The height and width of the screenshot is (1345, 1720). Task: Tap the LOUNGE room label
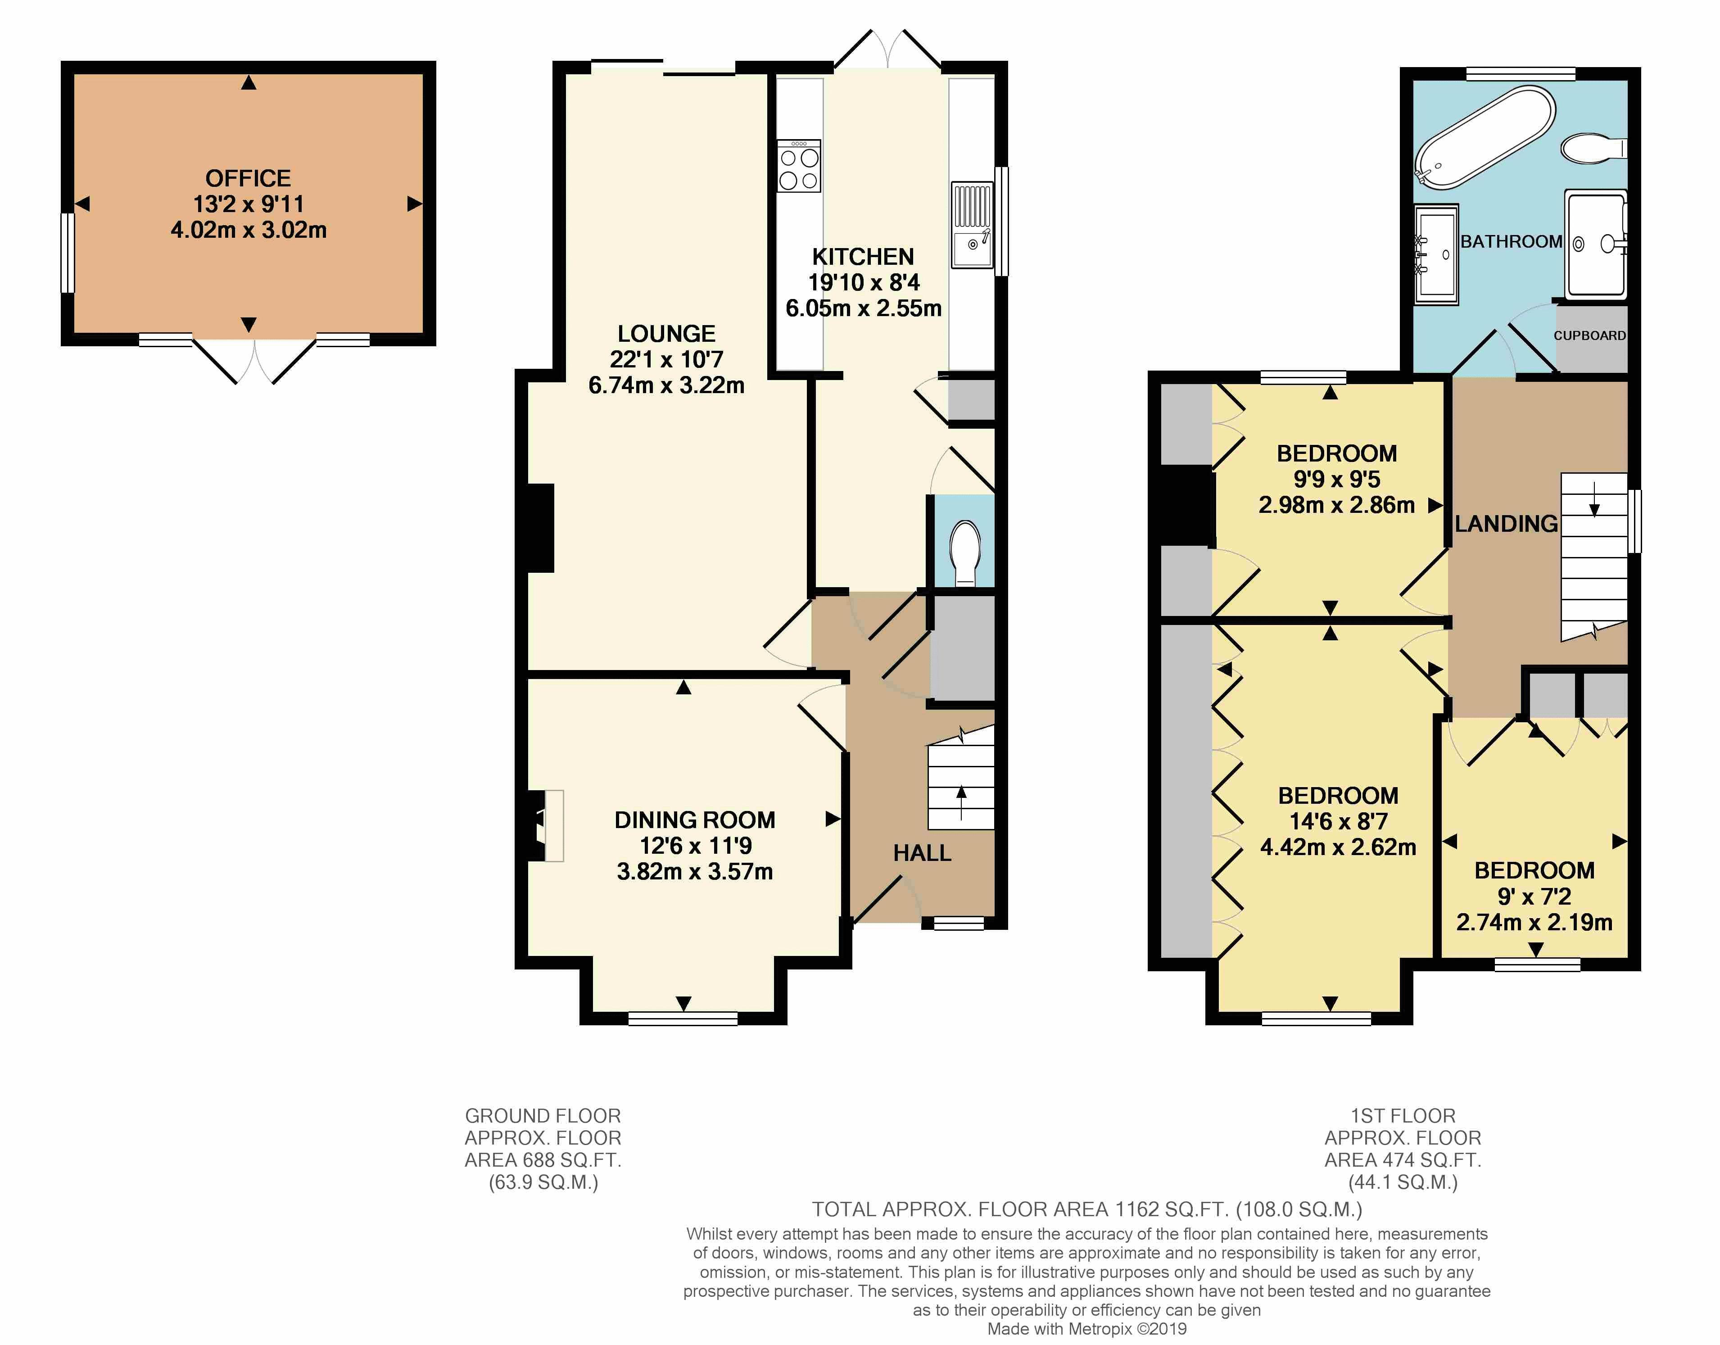click(666, 334)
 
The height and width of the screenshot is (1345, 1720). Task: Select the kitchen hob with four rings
click(799, 166)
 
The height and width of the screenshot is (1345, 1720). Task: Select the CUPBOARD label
click(1589, 335)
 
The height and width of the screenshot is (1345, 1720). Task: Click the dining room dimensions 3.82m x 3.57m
click(695, 872)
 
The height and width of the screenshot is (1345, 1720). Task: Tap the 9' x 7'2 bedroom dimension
click(1534, 896)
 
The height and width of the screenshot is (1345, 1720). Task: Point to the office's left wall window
click(68, 253)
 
